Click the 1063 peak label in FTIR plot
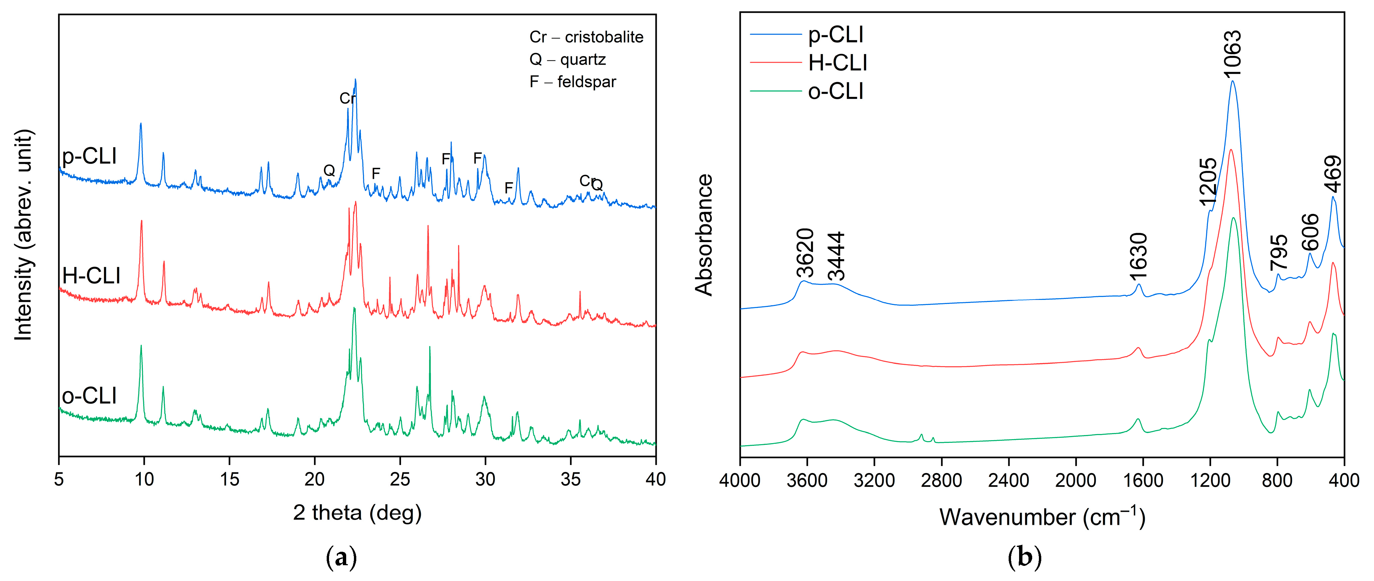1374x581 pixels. click(x=1232, y=53)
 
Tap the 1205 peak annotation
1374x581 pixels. click(x=1208, y=182)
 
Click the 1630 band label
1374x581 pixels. click(x=1138, y=256)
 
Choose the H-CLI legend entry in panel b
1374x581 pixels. click(x=838, y=63)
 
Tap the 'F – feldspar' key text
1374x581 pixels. click(x=572, y=82)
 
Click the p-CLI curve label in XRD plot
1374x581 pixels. click(x=89, y=156)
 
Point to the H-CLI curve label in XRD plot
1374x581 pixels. click(x=91, y=276)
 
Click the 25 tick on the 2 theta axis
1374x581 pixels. click(x=400, y=479)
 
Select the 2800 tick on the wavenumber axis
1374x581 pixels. click(x=941, y=480)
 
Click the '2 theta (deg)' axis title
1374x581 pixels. click(x=357, y=513)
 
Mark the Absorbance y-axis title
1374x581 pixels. click(x=704, y=235)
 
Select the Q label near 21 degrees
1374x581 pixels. click(x=329, y=170)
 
